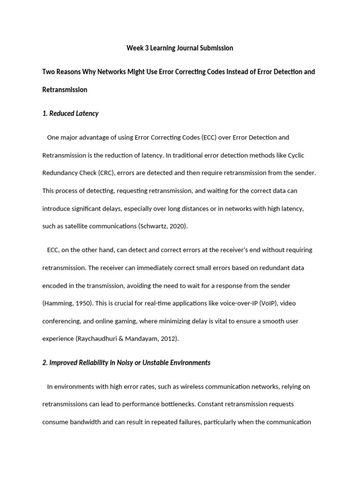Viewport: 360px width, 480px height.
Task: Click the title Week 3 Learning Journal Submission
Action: pyautogui.click(x=180, y=48)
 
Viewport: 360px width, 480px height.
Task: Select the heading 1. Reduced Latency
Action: pyautogui.click(x=70, y=113)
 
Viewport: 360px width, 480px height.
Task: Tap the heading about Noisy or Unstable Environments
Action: pyautogui.click(x=126, y=362)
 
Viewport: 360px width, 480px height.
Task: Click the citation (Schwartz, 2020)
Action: pyautogui.click(x=163, y=226)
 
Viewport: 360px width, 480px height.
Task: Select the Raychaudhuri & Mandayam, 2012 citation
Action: pyautogui.click(x=127, y=339)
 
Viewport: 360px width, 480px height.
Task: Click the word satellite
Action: pyautogui.click(x=76, y=226)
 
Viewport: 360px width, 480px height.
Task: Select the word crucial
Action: pyautogui.click(x=130, y=303)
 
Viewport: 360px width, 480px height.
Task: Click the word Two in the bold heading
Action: pyautogui.click(x=49, y=72)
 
